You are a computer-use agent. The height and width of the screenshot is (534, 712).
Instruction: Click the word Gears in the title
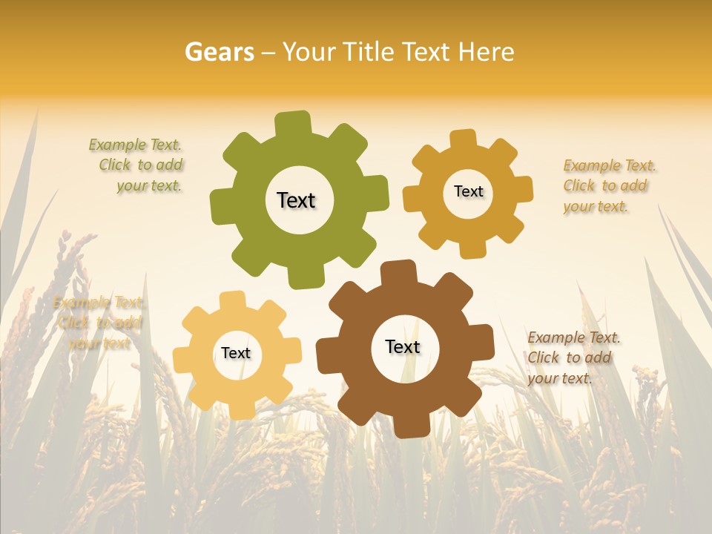[x=219, y=52]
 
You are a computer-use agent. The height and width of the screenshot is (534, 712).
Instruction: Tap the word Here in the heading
[x=486, y=52]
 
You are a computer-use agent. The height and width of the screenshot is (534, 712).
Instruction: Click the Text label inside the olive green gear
[x=296, y=200]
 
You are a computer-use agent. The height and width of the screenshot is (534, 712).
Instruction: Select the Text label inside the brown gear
[x=403, y=346]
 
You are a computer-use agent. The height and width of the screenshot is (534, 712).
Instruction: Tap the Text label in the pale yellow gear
[x=236, y=353]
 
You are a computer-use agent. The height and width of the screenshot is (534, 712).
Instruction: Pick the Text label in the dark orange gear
[x=468, y=191]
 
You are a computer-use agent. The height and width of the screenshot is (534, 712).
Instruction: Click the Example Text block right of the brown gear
[x=572, y=357]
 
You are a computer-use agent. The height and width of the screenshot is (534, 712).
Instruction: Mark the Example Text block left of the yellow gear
[x=98, y=323]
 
